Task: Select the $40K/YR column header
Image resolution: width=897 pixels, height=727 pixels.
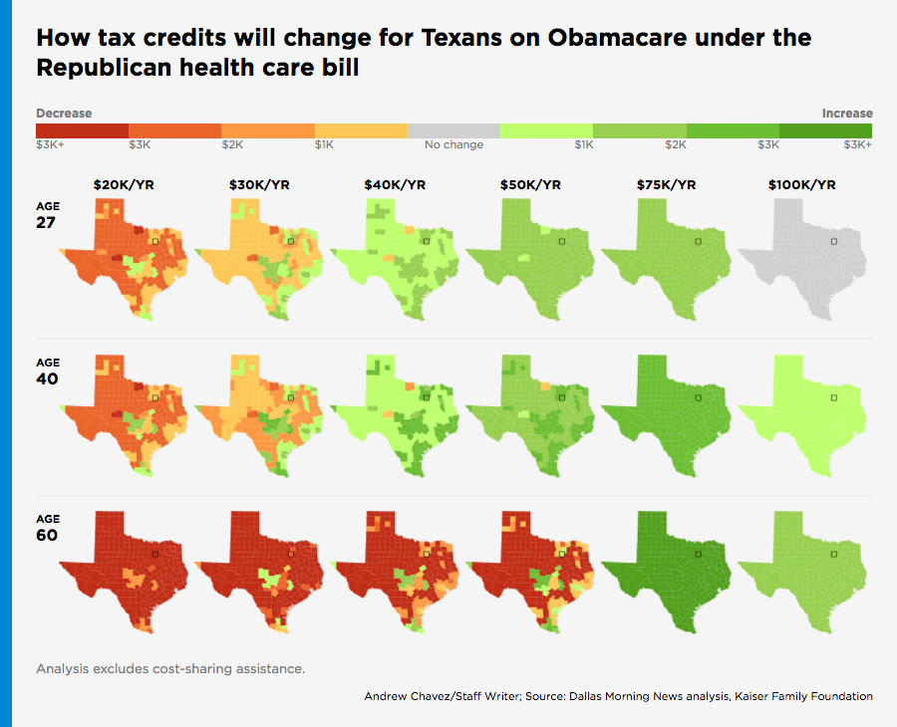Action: [x=396, y=185]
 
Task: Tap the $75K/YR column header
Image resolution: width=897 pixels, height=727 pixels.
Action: [x=666, y=185]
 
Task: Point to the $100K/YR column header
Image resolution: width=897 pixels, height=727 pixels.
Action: [x=802, y=185]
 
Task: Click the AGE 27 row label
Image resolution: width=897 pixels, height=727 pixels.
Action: [x=47, y=215]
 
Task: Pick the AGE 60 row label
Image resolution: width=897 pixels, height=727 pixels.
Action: [x=47, y=529]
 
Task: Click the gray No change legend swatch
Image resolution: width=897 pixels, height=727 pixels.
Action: [x=454, y=131]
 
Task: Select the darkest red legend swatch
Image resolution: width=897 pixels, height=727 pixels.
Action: [x=82, y=131]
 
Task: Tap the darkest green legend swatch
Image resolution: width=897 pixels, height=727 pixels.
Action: [x=825, y=131]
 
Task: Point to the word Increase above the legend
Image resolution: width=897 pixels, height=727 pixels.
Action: [x=847, y=114]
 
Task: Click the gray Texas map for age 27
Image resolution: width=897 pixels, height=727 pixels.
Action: [x=802, y=259]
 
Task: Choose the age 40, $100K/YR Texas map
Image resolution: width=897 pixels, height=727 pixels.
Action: [x=802, y=413]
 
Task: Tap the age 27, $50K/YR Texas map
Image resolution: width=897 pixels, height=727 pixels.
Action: [x=530, y=259]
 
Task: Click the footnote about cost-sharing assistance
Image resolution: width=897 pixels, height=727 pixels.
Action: [x=170, y=668]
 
